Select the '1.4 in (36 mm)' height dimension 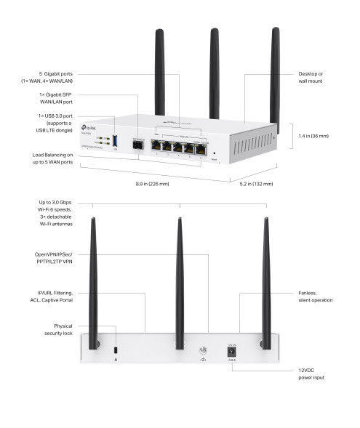(x=314, y=136)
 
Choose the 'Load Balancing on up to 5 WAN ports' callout (x=53, y=159)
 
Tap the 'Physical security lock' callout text (x=57, y=329)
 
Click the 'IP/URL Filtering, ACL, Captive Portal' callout (x=57, y=296)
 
